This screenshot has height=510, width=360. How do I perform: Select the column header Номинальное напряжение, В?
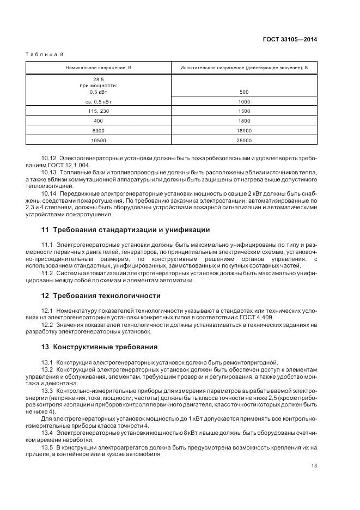(x=99, y=68)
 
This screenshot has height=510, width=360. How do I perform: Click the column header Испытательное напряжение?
(x=244, y=68)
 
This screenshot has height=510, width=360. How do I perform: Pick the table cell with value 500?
(x=244, y=92)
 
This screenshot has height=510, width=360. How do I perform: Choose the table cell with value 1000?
(x=244, y=102)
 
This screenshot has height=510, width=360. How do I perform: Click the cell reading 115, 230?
(x=99, y=111)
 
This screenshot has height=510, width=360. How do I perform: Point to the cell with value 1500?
(x=244, y=111)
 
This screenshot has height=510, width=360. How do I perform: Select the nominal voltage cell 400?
(x=99, y=121)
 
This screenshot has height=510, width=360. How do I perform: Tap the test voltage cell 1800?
(x=244, y=121)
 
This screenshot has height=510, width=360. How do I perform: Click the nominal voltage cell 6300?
(x=99, y=131)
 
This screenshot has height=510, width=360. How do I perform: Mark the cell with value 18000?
(x=244, y=131)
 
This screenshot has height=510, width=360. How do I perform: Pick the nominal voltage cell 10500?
(x=99, y=140)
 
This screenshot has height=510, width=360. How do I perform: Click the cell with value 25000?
(x=244, y=140)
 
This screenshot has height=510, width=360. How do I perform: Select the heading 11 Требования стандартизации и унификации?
(x=125, y=229)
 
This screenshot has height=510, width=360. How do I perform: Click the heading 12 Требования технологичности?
(x=101, y=296)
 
